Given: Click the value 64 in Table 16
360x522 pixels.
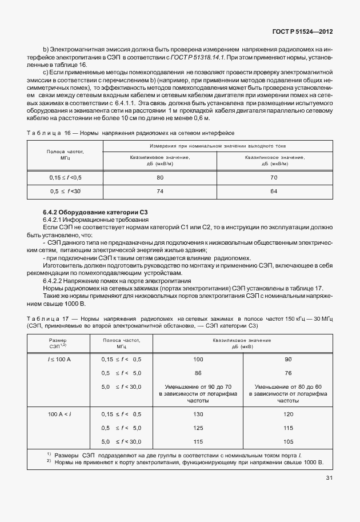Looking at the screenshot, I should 273,191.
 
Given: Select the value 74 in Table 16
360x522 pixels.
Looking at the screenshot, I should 159,191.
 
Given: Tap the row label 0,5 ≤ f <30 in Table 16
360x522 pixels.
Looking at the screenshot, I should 66,191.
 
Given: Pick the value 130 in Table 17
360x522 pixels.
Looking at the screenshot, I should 198,414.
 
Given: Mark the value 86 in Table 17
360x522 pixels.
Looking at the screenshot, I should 198,373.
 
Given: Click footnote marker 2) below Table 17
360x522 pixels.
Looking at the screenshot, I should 49,461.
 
